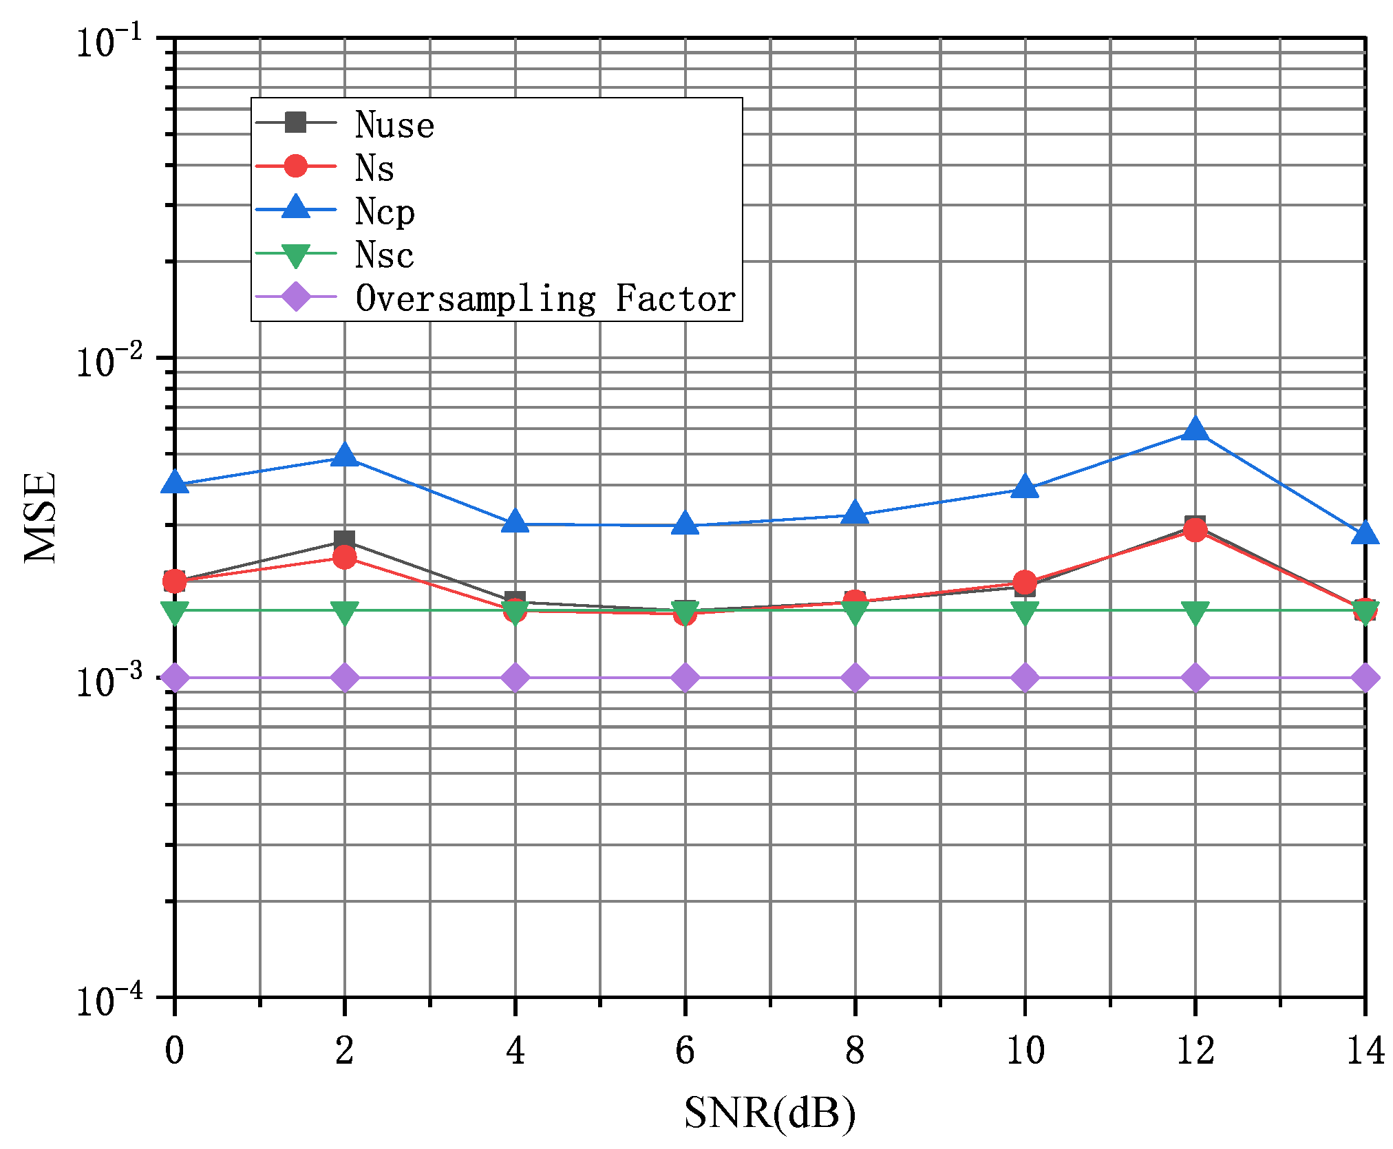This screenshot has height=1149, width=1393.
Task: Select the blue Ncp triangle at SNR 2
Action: coord(344,456)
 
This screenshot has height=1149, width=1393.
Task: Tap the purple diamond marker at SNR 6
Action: coord(685,678)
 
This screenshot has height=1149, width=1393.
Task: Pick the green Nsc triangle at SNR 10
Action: coord(1025,612)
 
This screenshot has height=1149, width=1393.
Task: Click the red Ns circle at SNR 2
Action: coord(344,557)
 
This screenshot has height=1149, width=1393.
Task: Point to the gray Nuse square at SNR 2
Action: coord(344,540)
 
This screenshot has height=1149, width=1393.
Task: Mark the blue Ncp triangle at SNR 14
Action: coord(1364,534)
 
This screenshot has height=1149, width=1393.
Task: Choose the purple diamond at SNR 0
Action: coord(175,678)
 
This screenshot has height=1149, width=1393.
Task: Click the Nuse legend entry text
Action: coord(394,125)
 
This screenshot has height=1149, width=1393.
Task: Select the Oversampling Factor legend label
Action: coord(545,299)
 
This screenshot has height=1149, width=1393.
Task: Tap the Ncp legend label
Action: coord(385,212)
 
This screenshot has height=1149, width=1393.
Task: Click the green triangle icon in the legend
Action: coord(295,255)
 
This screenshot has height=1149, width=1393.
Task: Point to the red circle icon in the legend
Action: coord(295,167)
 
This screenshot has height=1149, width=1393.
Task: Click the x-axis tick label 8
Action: coord(854,1051)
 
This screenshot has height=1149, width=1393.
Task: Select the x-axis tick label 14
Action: coord(1364,1051)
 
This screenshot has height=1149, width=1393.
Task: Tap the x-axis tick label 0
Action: coord(175,1051)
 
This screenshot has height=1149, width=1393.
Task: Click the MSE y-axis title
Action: coord(40,517)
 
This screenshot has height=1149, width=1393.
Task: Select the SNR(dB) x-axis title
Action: coord(769,1113)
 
